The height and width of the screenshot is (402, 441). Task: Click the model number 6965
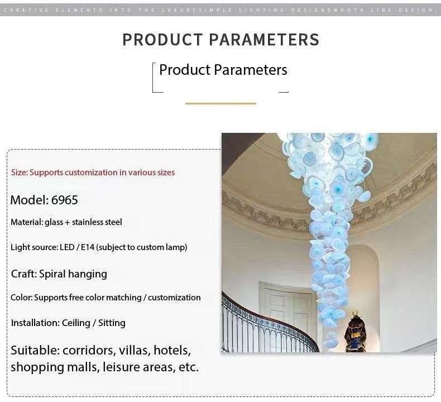point(65,200)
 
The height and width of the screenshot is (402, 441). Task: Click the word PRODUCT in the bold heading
point(162,40)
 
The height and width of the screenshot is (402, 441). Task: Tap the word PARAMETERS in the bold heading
point(265,40)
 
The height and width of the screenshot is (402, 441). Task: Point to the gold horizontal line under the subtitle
point(221,103)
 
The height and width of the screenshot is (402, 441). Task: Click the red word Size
point(19,173)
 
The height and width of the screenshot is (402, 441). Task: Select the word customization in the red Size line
point(91,173)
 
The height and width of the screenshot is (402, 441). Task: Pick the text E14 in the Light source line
point(88,247)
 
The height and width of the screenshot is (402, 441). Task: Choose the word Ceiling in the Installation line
point(76,323)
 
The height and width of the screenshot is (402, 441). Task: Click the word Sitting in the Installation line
point(112,323)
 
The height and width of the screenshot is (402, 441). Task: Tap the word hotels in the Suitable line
point(172,351)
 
